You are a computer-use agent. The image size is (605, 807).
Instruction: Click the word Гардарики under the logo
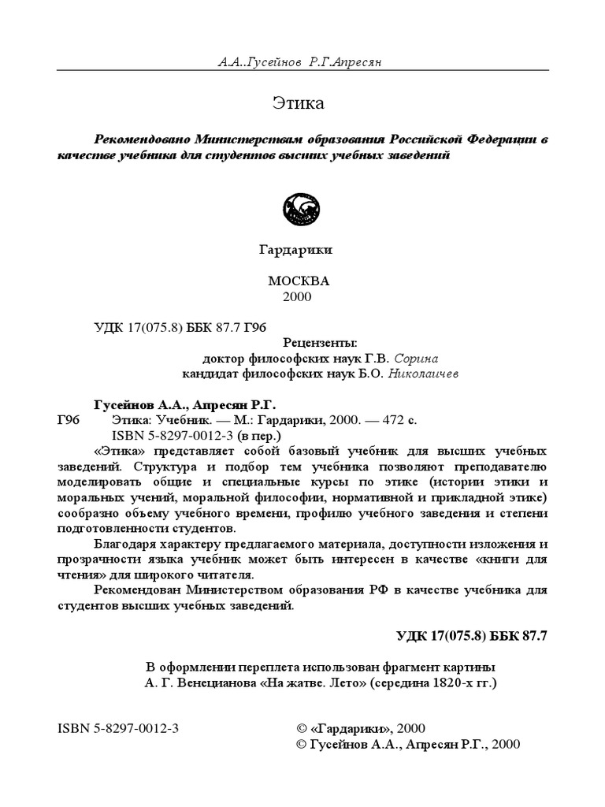pos(296,250)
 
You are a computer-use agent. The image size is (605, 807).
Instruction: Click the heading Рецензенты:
pos(320,343)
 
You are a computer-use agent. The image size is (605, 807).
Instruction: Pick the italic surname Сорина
pos(413,358)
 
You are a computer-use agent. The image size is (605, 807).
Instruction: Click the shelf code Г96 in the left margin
pos(69,420)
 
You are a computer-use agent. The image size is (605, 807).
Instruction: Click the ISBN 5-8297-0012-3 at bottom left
pos(119,728)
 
